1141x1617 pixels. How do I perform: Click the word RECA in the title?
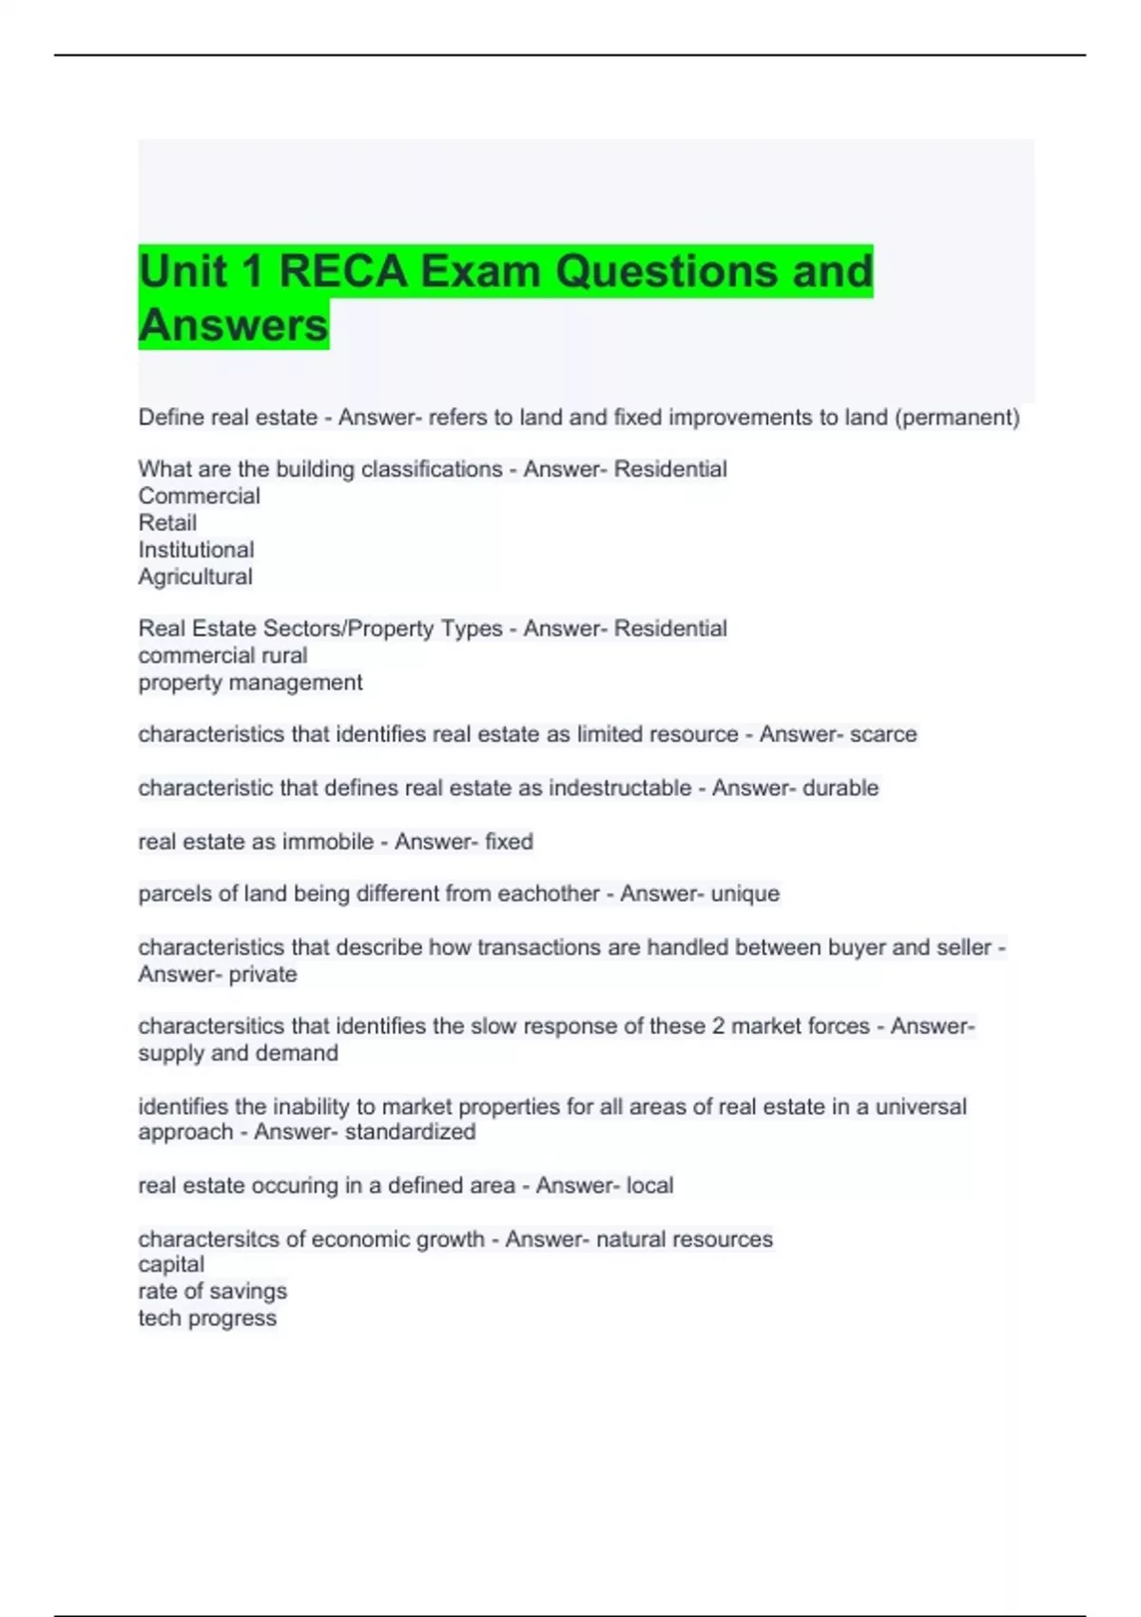[342, 271]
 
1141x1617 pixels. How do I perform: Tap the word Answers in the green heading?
[233, 325]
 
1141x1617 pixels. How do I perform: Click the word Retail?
[167, 523]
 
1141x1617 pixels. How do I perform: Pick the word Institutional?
[196, 550]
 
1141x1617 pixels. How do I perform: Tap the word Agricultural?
[195, 576]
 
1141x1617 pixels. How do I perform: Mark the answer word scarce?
[883, 734]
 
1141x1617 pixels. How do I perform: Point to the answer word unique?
[745, 894]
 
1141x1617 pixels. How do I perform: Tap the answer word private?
[262, 975]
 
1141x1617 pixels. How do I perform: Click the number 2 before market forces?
[718, 1026]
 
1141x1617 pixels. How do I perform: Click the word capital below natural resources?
[171, 1265]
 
